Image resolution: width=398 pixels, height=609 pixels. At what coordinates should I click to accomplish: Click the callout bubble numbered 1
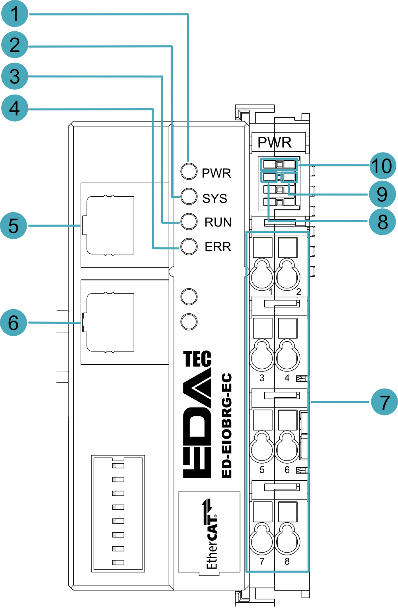coord(15,14)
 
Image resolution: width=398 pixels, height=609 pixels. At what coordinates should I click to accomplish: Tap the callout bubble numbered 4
coord(15,108)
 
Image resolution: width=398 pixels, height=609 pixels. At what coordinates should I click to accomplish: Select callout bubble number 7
coord(384,402)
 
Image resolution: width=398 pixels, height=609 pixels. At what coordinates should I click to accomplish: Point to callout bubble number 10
coord(383,166)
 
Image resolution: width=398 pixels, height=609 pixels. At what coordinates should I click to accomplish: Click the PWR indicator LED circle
coord(189,171)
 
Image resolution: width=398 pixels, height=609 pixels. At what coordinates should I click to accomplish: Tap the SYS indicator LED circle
coord(189,196)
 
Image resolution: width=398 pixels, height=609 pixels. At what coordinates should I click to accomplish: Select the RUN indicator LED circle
coord(189,222)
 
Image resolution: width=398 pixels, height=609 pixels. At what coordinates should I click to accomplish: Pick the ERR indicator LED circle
coord(189,247)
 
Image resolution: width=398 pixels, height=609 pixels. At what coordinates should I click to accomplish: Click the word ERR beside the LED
coord(218,247)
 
